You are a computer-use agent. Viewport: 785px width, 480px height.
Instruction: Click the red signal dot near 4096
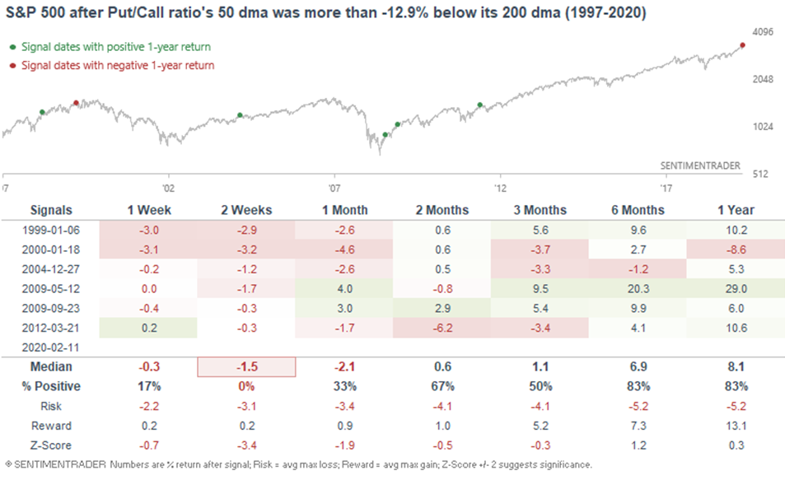click(742, 45)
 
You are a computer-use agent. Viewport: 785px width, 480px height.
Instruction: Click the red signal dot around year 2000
click(76, 103)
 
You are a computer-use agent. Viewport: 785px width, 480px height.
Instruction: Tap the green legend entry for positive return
click(110, 47)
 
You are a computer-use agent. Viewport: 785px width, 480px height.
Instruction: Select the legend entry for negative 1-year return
click(112, 66)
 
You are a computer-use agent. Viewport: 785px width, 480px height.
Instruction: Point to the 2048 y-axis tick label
click(763, 79)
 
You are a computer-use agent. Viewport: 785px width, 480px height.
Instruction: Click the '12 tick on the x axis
click(500, 189)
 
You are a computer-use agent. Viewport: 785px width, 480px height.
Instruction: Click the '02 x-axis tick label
click(168, 189)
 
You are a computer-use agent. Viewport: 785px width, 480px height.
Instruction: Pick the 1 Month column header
click(345, 210)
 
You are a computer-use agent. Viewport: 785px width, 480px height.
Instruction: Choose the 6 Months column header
click(638, 210)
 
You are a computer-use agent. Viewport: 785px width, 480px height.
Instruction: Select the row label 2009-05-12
click(50, 289)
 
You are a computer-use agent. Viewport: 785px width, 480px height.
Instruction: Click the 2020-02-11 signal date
click(50, 347)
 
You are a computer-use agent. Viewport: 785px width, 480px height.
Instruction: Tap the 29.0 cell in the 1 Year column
click(736, 289)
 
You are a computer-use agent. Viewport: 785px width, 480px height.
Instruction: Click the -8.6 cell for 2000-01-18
click(736, 249)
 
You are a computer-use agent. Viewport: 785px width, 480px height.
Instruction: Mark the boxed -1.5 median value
click(247, 367)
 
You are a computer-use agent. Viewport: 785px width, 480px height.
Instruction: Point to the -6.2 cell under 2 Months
click(442, 328)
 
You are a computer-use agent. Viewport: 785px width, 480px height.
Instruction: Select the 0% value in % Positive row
click(246, 386)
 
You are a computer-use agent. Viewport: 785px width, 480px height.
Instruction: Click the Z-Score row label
click(51, 445)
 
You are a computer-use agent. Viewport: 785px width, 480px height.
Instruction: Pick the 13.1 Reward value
click(736, 426)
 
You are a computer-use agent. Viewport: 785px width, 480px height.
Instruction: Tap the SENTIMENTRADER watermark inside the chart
click(700, 165)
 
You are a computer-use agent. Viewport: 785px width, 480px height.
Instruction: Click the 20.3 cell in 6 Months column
click(638, 289)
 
